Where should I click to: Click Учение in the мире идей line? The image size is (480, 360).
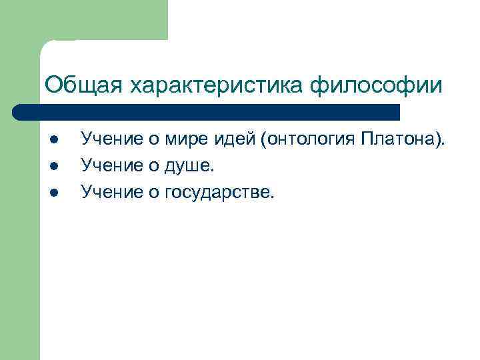tap(111, 139)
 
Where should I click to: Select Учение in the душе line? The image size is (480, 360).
tap(111, 166)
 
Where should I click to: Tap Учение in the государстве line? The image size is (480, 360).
tap(111, 193)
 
